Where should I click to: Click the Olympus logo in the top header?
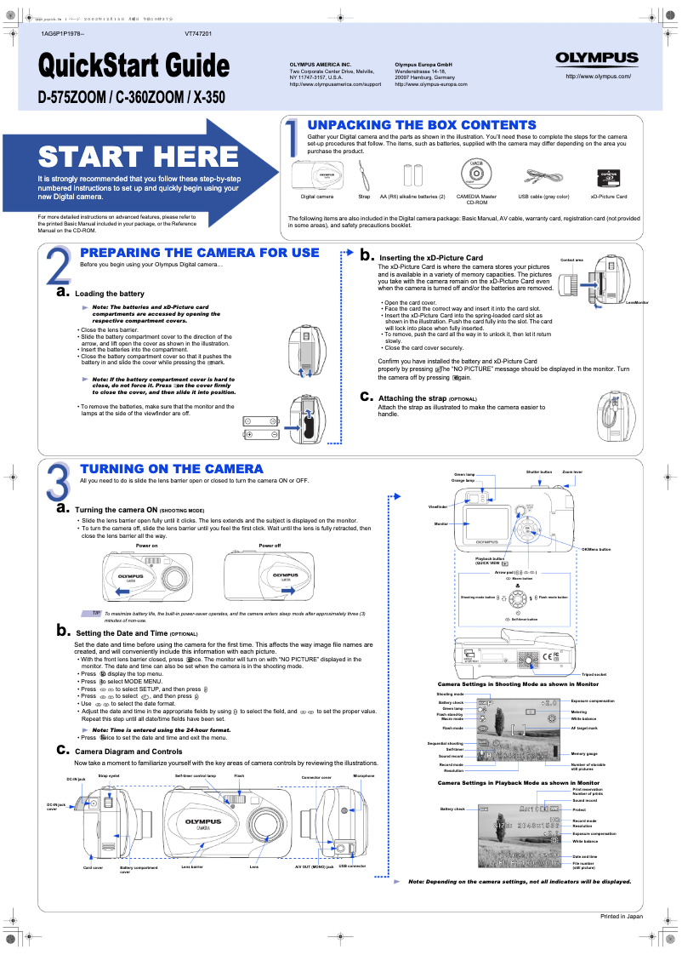(x=597, y=58)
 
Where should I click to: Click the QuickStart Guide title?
(x=134, y=66)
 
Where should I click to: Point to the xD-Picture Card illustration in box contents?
(x=608, y=176)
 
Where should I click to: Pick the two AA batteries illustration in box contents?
(x=412, y=175)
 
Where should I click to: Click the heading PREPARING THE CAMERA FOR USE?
(x=199, y=253)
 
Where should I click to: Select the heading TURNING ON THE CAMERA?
(x=171, y=469)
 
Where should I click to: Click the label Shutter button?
(x=539, y=472)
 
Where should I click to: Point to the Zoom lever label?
(x=572, y=472)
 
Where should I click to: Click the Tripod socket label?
(x=594, y=674)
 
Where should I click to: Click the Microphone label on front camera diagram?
(x=364, y=776)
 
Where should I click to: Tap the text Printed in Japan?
(x=622, y=916)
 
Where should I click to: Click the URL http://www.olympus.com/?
(x=597, y=77)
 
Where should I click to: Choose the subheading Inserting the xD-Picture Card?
(x=430, y=258)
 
